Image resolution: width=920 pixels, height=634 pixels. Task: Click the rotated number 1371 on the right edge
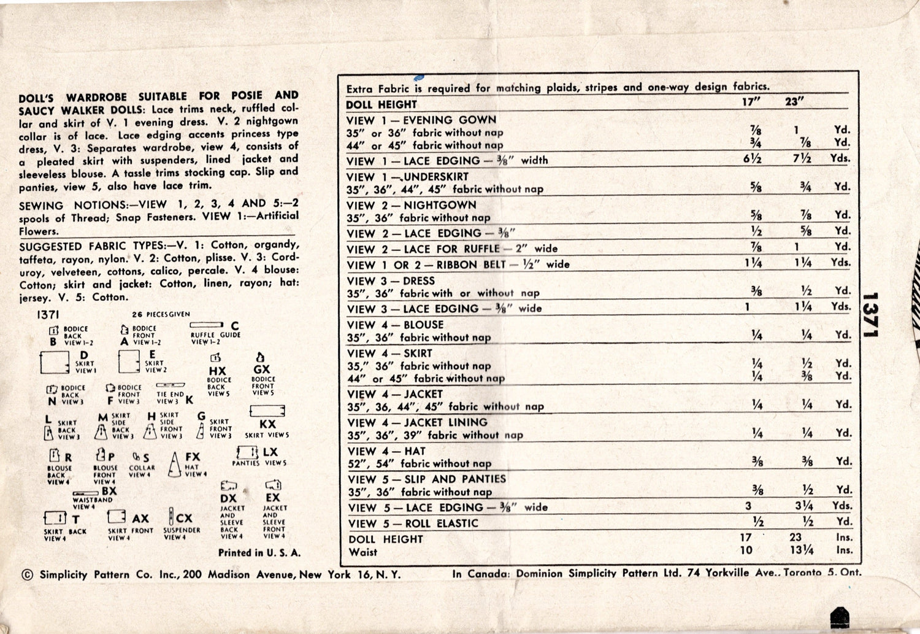(x=869, y=314)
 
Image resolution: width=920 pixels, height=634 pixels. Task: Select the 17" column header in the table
(x=751, y=102)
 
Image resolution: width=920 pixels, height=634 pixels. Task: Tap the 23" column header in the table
(x=794, y=102)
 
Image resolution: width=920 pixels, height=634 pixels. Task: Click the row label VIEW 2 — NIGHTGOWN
(x=411, y=205)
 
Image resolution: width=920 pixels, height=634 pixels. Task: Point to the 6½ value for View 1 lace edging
(x=753, y=158)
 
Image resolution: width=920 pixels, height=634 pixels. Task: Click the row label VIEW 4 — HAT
(x=386, y=451)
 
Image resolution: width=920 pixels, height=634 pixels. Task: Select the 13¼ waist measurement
(x=801, y=551)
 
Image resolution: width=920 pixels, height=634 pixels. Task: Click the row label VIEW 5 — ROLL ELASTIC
(x=413, y=524)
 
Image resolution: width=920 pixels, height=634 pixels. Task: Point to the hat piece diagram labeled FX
(x=175, y=464)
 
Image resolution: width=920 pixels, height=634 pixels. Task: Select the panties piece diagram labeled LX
(x=247, y=452)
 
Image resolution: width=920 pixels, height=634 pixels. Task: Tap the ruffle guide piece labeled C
(x=207, y=325)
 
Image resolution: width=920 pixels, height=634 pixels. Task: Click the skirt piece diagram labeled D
(x=55, y=363)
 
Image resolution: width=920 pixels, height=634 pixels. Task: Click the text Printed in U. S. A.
(x=259, y=553)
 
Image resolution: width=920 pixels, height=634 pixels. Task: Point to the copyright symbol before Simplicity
(x=27, y=575)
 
